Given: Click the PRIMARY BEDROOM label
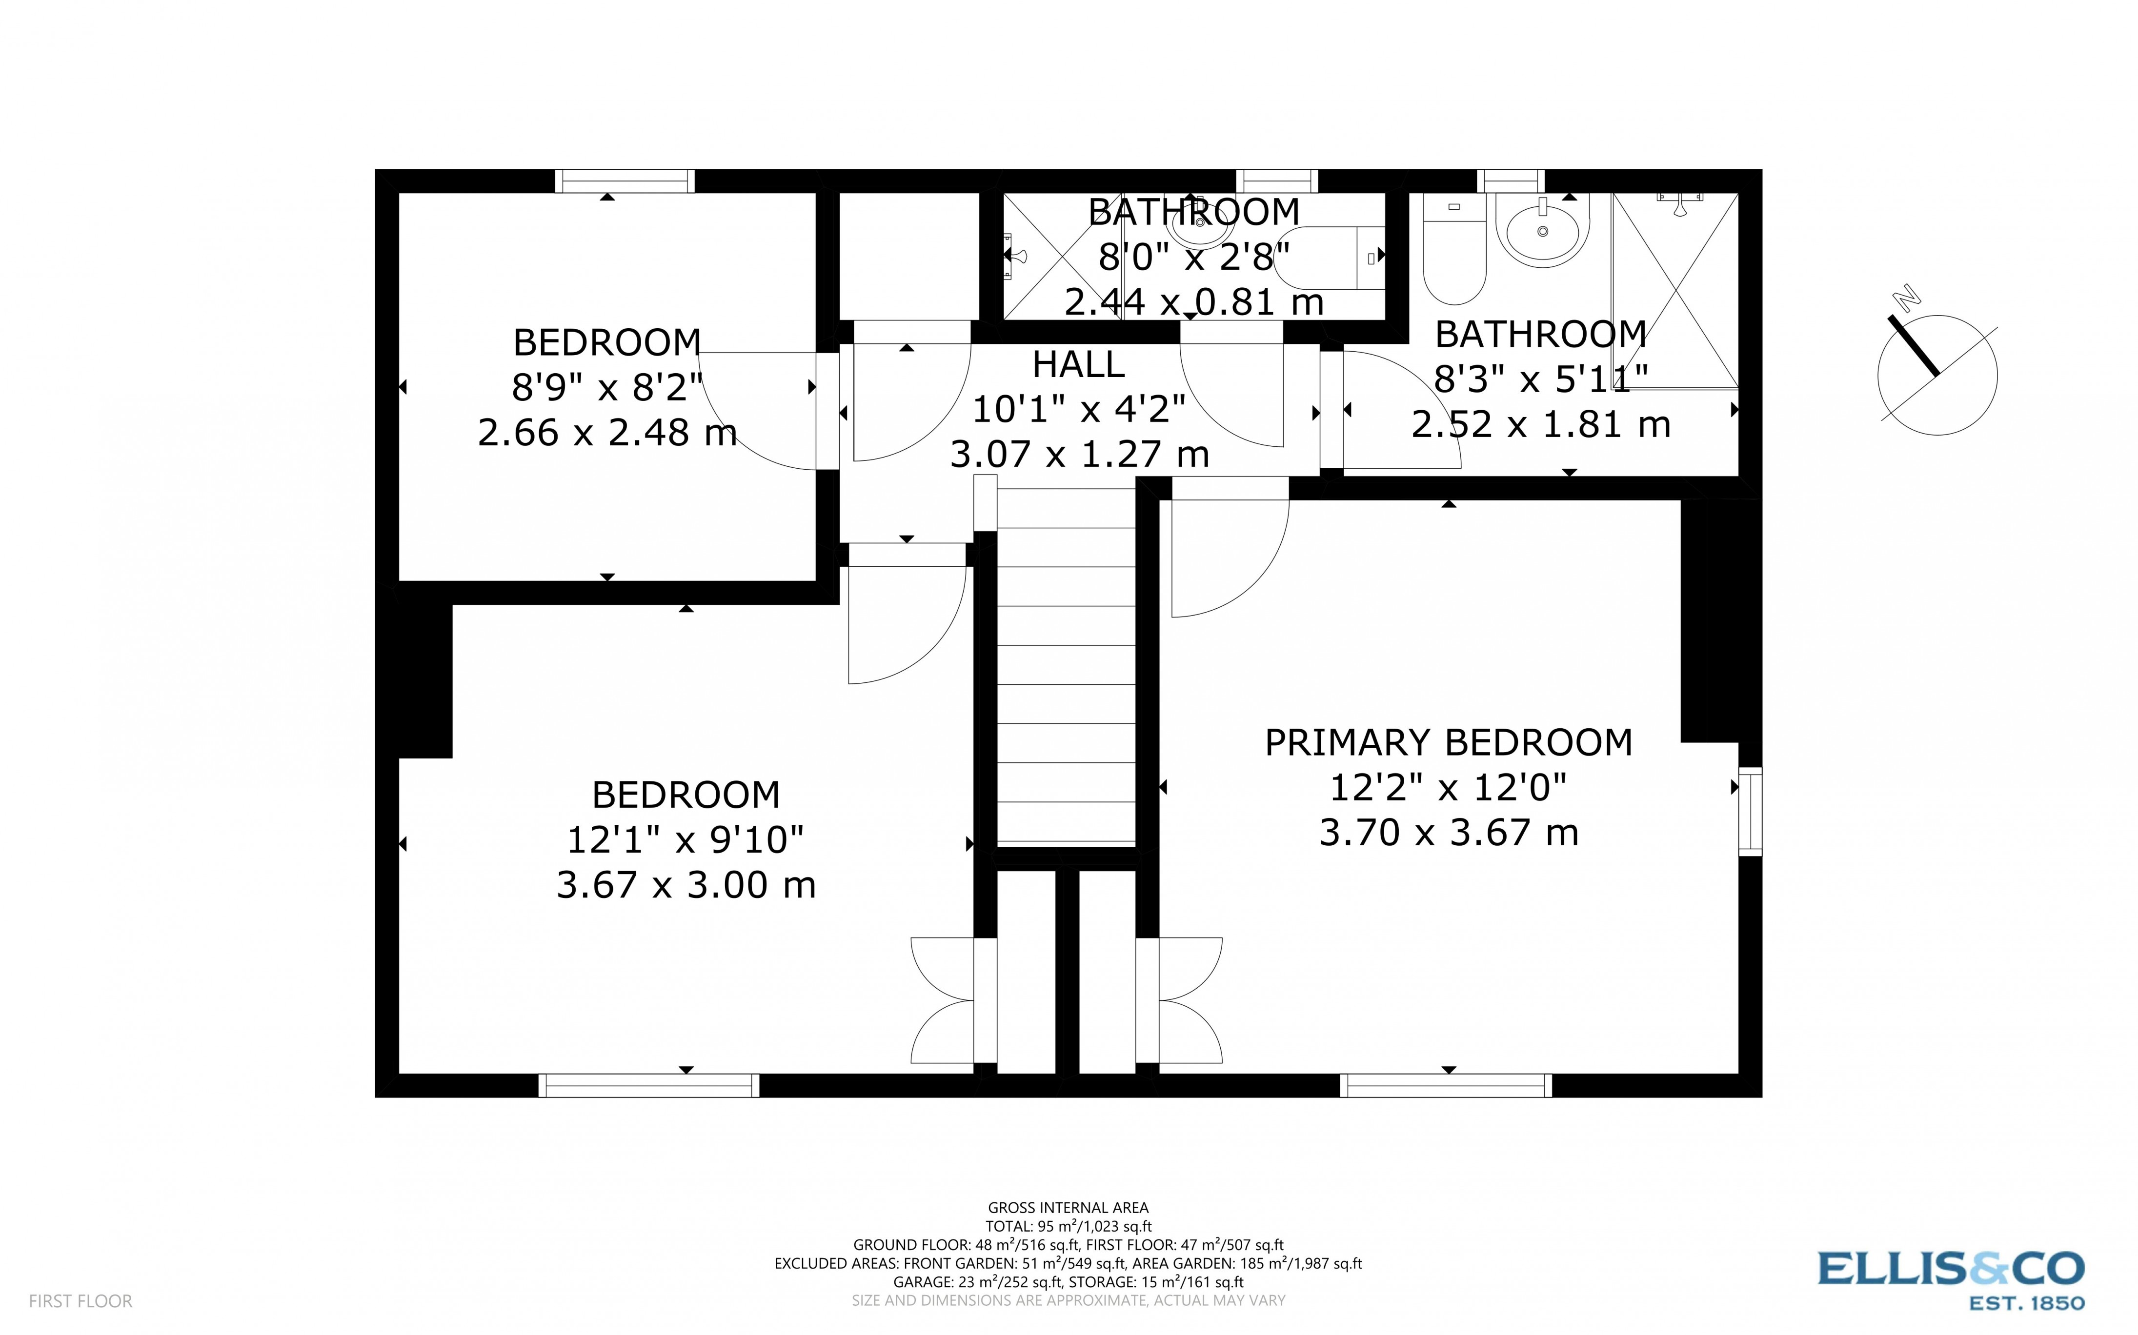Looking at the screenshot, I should coord(1448,742).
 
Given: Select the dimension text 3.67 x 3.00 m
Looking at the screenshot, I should coord(686,885).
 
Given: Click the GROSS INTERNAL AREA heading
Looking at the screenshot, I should coord(1068,1208).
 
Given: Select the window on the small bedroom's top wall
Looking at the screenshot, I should coord(625,181).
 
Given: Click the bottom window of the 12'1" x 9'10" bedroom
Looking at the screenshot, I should coord(649,1085).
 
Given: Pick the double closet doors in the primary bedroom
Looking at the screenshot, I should coord(1183,1000).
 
